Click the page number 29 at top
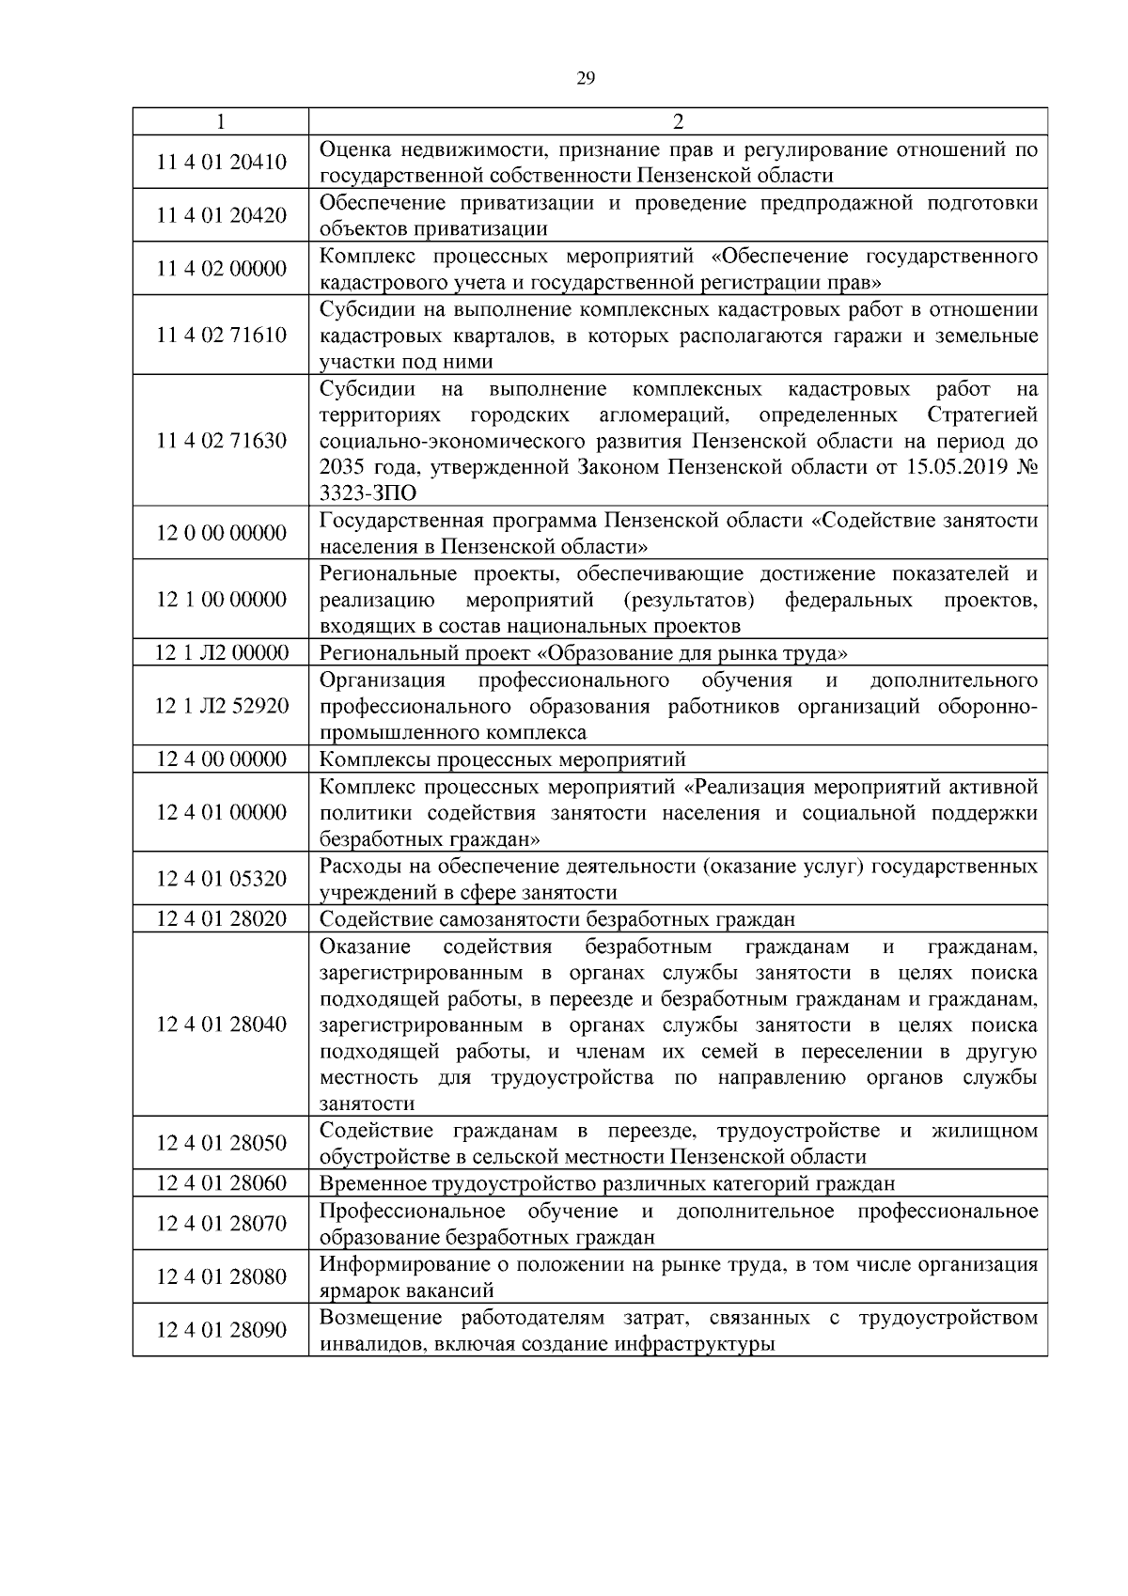point(585,79)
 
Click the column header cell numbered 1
point(221,121)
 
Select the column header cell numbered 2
point(678,121)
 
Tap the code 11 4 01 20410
point(221,163)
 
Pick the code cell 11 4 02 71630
point(221,441)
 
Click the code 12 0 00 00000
point(221,534)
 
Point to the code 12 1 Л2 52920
point(221,706)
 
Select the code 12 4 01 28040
point(221,1025)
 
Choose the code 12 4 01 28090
point(221,1330)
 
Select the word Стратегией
point(982,415)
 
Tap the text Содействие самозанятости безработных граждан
point(557,919)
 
